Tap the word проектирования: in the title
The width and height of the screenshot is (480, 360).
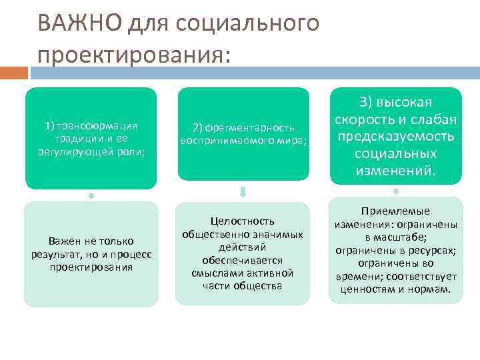tap(133, 54)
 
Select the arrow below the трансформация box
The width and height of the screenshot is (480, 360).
tap(91, 196)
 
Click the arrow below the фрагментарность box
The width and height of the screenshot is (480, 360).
tap(243, 193)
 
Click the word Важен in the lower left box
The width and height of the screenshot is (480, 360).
tap(62, 241)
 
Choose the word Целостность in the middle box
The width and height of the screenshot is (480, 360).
tap(243, 221)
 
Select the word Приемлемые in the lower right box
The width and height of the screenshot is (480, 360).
tap(397, 211)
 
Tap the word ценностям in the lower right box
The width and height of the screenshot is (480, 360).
tap(364, 289)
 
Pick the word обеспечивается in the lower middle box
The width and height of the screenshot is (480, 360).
tap(243, 260)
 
